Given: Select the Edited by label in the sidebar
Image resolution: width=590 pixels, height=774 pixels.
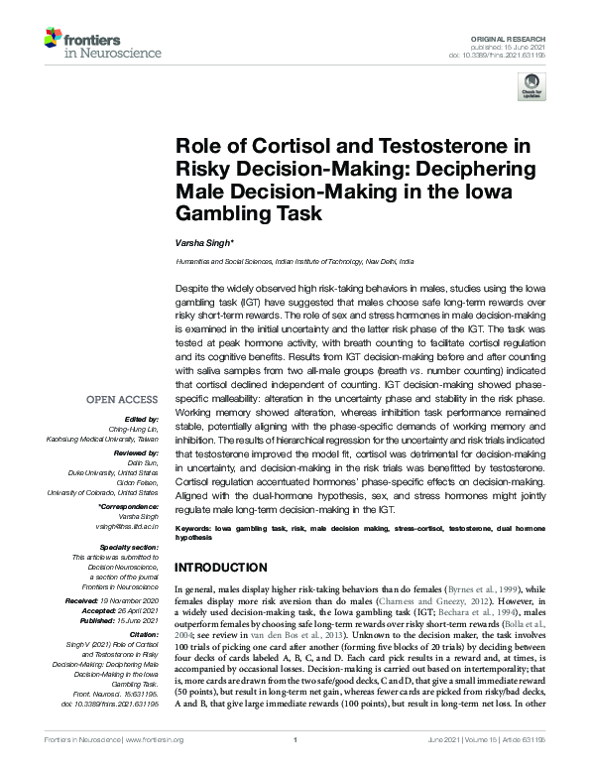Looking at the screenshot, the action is tap(142, 392).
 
